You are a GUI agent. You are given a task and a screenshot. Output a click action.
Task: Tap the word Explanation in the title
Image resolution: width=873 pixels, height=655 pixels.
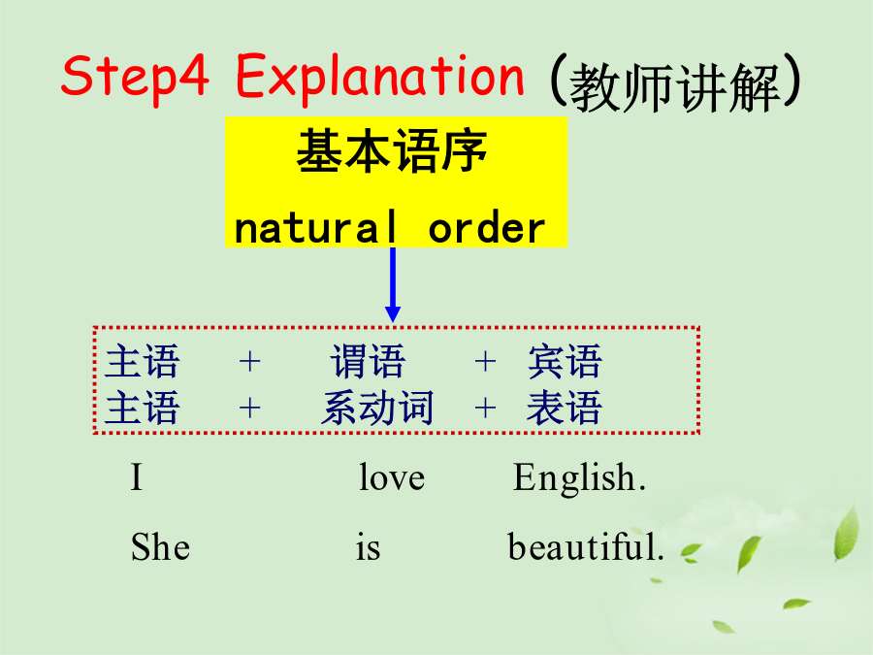click(x=380, y=78)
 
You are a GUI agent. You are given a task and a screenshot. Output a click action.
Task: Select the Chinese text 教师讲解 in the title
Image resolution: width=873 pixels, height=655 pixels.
click(x=675, y=87)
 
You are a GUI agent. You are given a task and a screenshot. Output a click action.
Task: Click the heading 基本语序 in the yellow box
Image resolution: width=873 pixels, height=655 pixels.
click(x=392, y=150)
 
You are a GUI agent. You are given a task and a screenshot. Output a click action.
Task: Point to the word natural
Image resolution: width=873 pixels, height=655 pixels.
click(x=315, y=227)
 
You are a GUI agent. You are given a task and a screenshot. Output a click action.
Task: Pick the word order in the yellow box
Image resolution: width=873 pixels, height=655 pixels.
click(x=487, y=228)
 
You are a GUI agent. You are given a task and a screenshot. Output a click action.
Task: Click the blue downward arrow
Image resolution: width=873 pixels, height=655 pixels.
click(x=393, y=284)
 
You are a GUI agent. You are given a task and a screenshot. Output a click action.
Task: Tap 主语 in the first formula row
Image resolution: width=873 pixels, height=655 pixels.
click(x=142, y=362)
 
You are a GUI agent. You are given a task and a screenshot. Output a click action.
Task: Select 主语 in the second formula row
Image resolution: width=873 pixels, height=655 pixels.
click(x=142, y=408)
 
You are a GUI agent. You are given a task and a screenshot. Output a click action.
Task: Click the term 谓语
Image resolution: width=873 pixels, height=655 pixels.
click(x=368, y=362)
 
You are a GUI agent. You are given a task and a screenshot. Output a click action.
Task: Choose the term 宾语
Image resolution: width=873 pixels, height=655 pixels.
click(x=565, y=362)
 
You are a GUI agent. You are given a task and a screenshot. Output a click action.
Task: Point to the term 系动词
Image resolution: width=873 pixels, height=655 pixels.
click(x=377, y=408)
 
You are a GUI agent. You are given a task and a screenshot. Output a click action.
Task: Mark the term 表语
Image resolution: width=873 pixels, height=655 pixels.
click(x=565, y=408)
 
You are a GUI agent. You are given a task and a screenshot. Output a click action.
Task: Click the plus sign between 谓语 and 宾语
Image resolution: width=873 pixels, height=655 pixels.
click(x=486, y=362)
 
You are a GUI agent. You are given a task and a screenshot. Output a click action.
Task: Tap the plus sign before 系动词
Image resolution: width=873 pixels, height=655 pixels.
click(x=250, y=408)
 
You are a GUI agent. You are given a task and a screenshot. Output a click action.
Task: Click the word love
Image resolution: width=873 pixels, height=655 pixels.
click(x=392, y=477)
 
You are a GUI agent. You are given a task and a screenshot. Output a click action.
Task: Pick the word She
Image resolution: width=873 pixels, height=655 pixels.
click(x=160, y=546)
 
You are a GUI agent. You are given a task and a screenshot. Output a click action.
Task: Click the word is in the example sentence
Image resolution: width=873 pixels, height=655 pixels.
click(x=368, y=547)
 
